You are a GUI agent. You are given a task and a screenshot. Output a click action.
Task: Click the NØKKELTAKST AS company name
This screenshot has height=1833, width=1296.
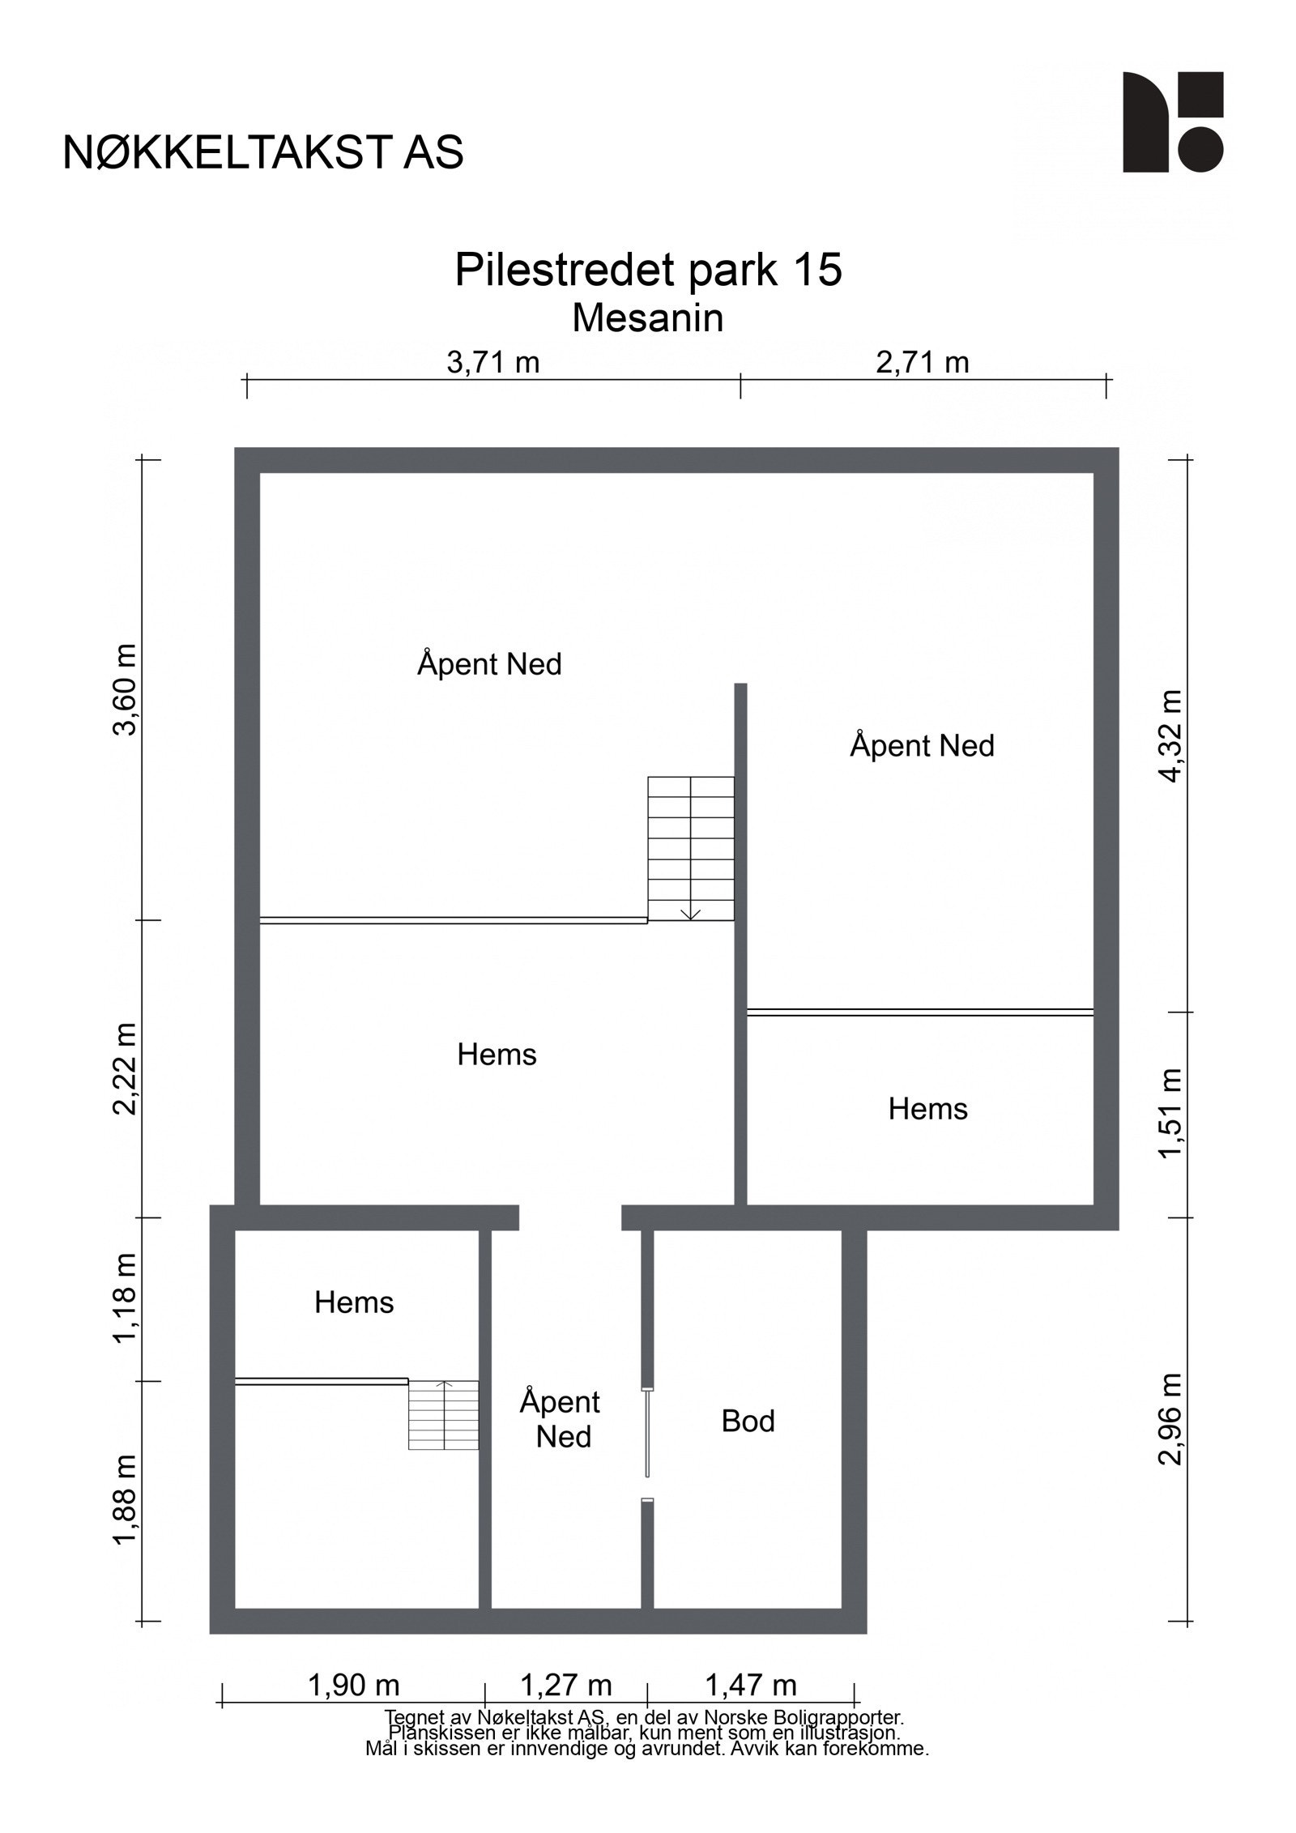pos(263,152)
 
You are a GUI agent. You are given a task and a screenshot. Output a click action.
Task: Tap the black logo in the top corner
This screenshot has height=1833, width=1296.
pos(1172,122)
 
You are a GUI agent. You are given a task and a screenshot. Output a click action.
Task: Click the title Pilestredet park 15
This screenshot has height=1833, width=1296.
pos(648,269)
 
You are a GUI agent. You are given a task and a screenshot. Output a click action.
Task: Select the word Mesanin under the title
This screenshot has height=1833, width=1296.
pos(647,318)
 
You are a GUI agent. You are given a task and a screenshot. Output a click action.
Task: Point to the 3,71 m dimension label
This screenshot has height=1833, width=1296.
pos(492,362)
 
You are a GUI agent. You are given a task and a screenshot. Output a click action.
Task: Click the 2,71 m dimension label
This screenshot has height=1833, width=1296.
pos(922,362)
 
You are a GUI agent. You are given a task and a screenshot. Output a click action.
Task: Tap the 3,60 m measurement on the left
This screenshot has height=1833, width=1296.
pos(125,689)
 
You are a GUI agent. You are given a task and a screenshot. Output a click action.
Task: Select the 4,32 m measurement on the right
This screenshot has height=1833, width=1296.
pos(1170,735)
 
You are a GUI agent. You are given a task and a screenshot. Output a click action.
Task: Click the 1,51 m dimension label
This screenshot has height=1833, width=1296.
pos(1170,1114)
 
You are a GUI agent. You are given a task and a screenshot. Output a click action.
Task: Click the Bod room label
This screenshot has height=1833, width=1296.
pos(748,1422)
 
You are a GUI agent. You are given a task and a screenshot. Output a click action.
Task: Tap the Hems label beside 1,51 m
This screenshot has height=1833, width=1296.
pos(927,1109)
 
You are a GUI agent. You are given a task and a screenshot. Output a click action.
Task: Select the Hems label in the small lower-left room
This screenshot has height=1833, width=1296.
pos(354,1302)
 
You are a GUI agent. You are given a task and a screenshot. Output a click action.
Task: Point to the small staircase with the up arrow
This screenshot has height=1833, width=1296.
pos(443,1414)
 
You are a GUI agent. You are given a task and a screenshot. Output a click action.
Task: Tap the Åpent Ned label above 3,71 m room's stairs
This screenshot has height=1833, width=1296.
pos(489,664)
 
